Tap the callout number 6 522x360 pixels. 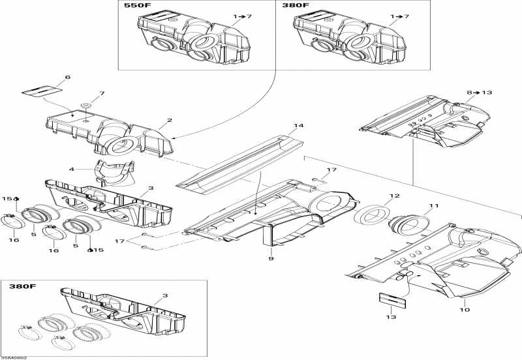pyautogui.click(x=67, y=78)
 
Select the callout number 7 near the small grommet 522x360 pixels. pyautogui.click(x=101, y=93)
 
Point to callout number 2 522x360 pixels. pyautogui.click(x=169, y=120)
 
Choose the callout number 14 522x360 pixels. pyautogui.click(x=299, y=125)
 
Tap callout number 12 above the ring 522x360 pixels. pyautogui.click(x=394, y=196)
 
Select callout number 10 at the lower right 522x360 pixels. pyautogui.click(x=464, y=302)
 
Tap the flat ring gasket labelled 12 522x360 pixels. pyautogui.click(x=374, y=215)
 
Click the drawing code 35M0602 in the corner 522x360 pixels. pyautogui.click(x=14, y=357)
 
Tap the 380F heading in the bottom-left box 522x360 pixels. pyautogui.click(x=22, y=286)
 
